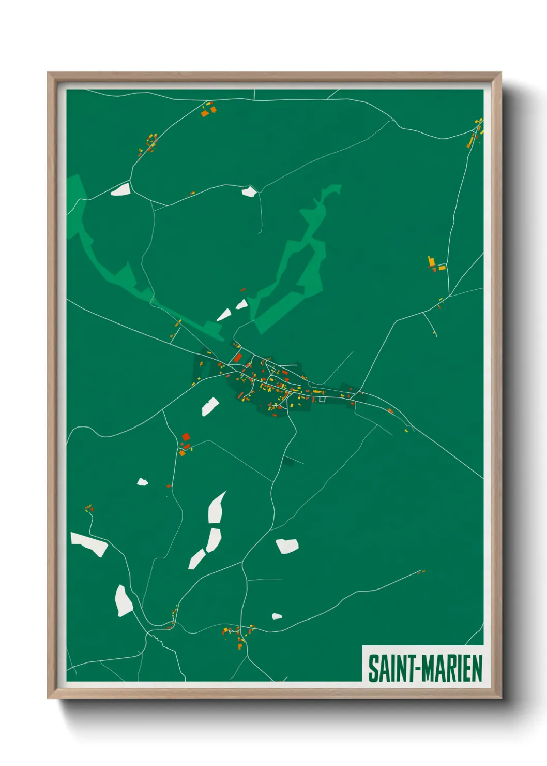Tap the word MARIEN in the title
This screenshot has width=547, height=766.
coord(452,668)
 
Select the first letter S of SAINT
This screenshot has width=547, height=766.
coord(372,668)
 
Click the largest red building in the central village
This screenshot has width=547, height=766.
coord(237,357)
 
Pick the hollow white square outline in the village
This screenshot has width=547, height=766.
coord(322,399)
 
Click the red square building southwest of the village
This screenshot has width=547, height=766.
coord(186,437)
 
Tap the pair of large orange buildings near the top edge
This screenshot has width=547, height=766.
coord(208,111)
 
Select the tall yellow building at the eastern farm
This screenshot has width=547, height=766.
coord(431,262)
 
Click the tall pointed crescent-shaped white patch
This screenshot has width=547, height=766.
coord(216,507)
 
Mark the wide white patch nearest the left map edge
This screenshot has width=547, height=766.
coord(89,544)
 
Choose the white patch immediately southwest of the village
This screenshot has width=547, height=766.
coord(209,406)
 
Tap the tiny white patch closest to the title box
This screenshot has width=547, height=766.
coord(277,616)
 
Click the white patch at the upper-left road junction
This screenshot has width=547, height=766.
coord(120,189)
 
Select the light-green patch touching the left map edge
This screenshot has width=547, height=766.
coord(75,202)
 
